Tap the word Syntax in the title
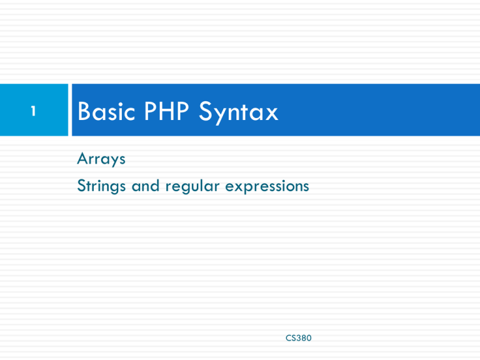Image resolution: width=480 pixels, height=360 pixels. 240,113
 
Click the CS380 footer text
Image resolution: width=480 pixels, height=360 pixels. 297,338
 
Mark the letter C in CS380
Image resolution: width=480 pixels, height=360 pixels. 287,338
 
